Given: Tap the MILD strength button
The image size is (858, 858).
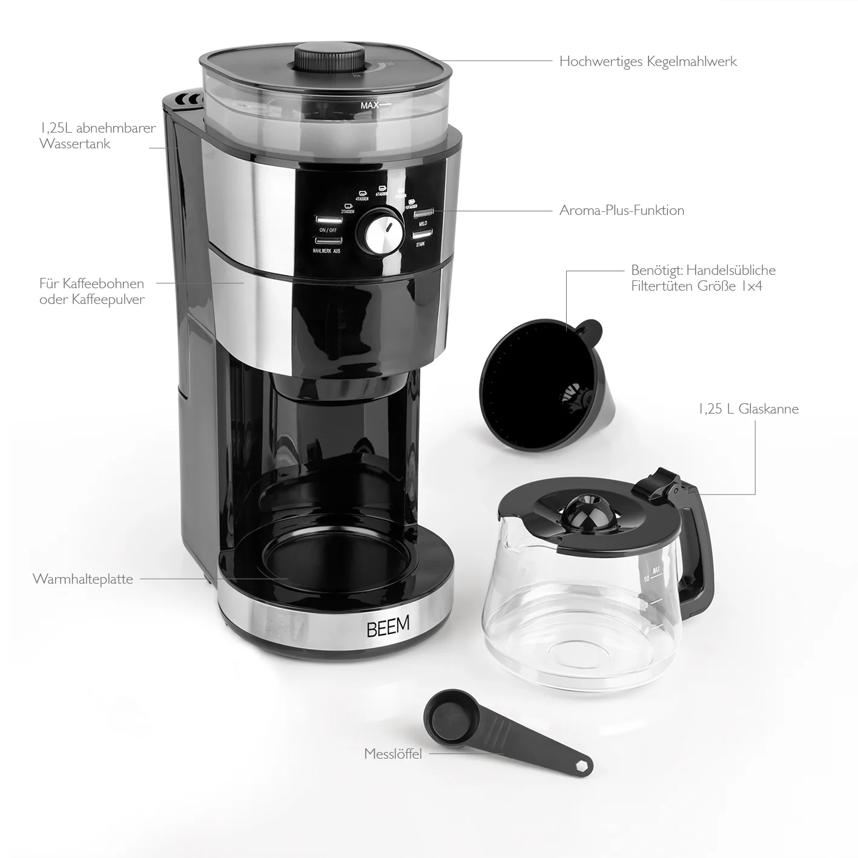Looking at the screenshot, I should click(x=423, y=213).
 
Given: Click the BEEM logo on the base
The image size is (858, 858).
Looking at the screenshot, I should click(x=388, y=626).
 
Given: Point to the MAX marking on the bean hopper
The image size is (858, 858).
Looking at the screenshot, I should click(x=369, y=105).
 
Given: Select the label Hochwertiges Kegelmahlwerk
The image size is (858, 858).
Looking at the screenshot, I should click(x=648, y=61).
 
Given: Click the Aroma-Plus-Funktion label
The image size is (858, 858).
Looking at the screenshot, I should click(x=622, y=211).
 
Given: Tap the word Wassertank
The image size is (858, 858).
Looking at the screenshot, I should click(x=75, y=144).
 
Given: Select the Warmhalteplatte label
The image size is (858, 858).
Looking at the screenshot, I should click(x=83, y=579).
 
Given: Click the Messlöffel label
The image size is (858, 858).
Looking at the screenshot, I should click(x=393, y=754).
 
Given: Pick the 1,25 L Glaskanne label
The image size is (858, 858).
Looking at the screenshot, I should click(x=748, y=409).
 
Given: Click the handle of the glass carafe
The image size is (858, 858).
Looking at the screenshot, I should click(x=700, y=545).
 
